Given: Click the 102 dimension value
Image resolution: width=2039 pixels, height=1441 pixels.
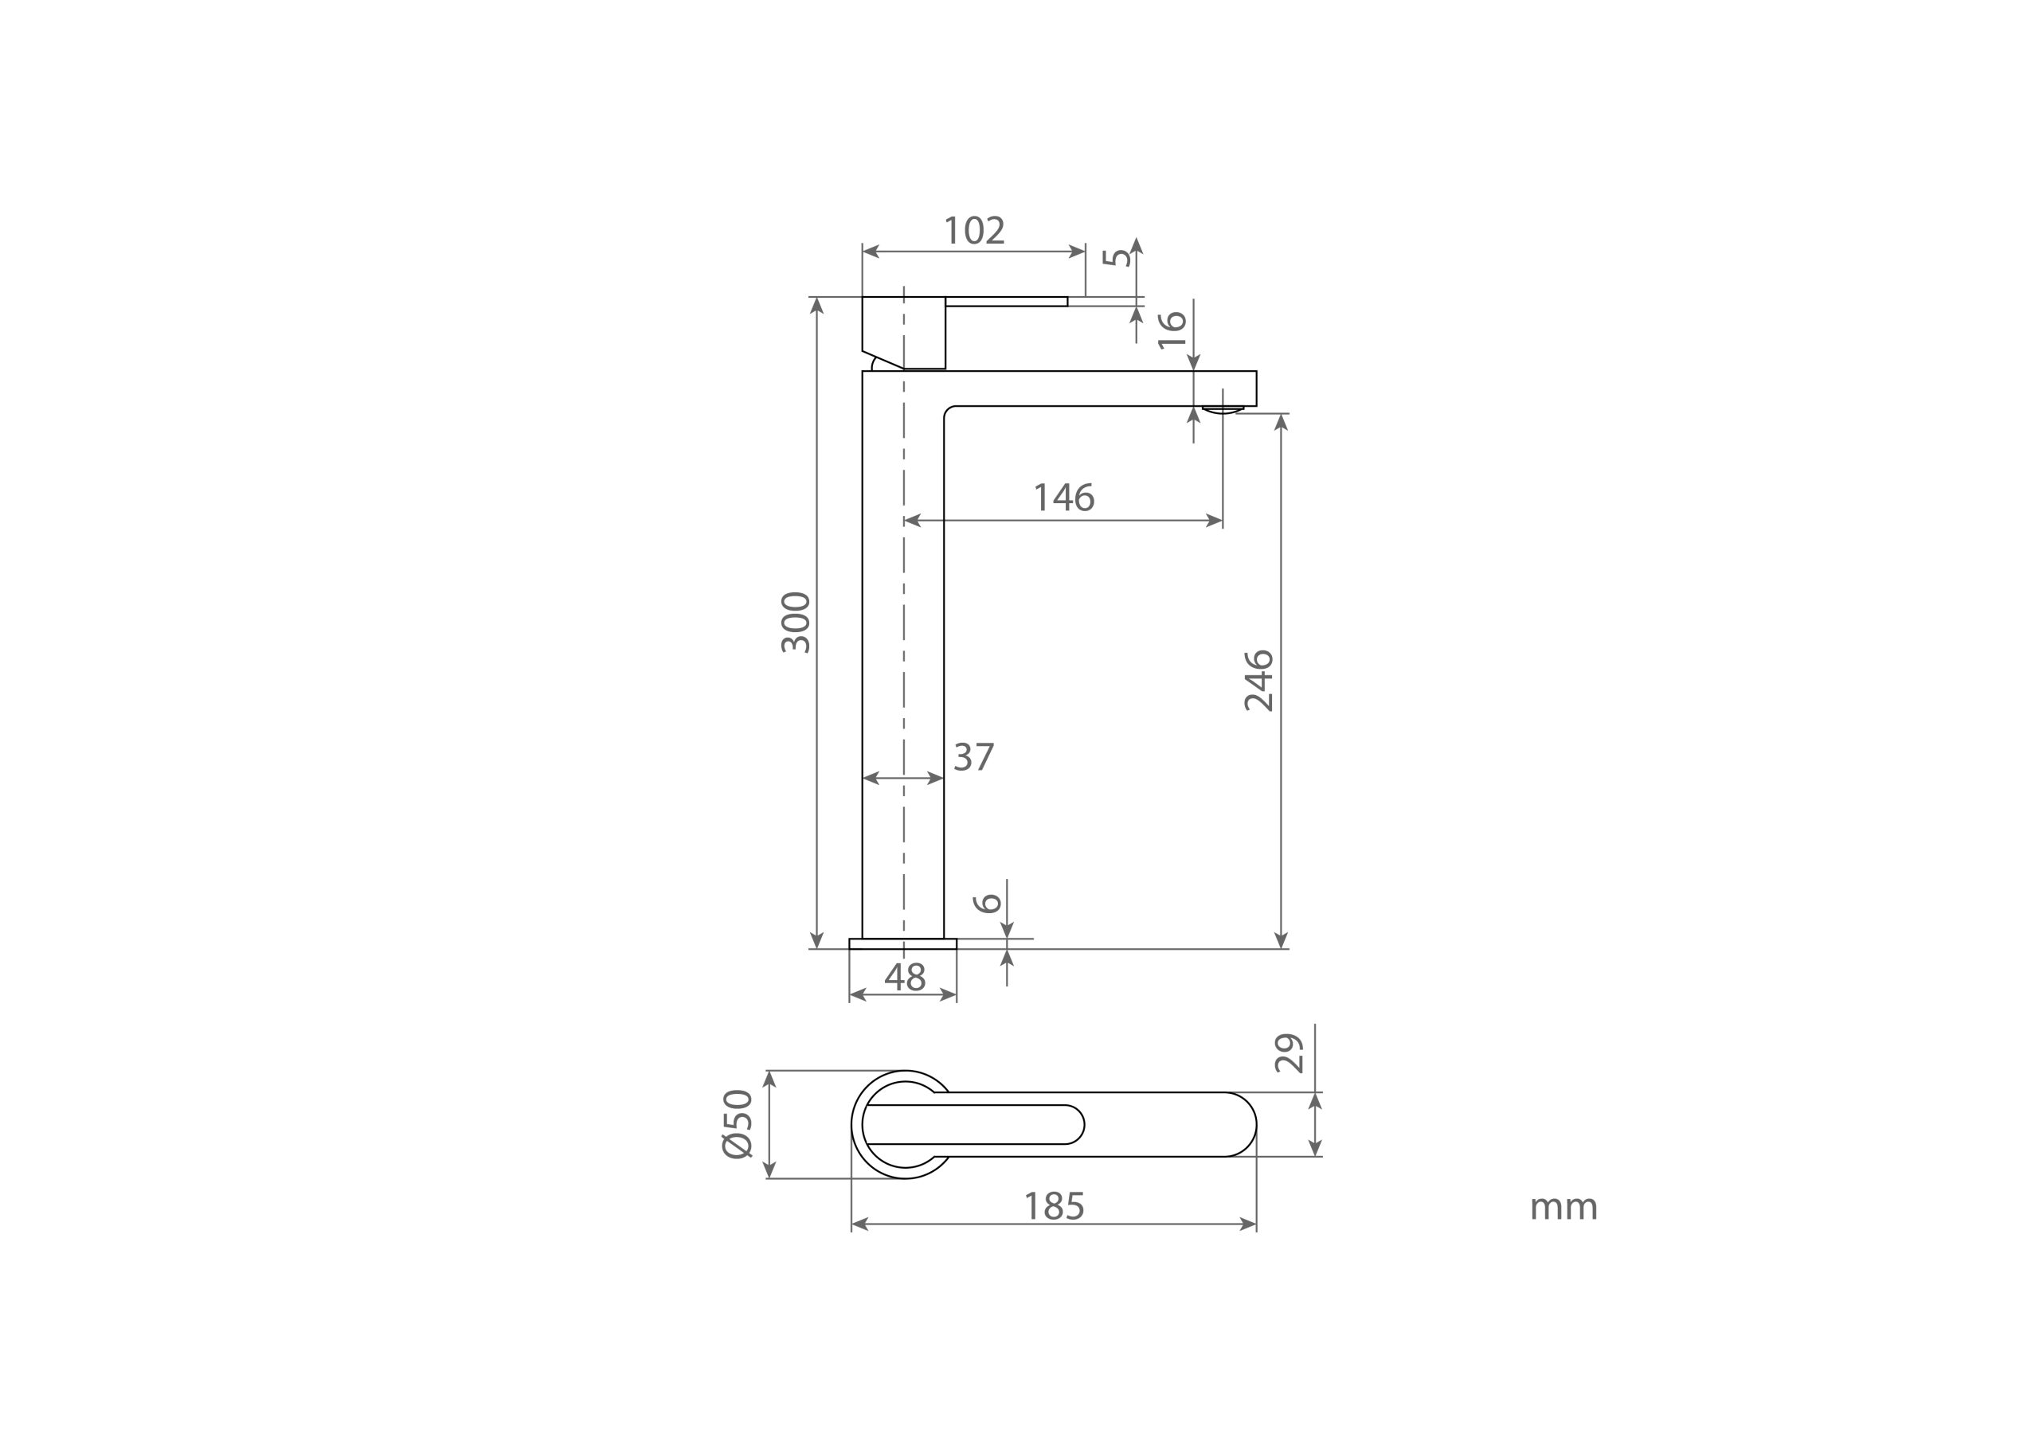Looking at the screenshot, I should [x=974, y=231].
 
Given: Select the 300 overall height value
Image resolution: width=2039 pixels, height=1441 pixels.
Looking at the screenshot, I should [x=796, y=623].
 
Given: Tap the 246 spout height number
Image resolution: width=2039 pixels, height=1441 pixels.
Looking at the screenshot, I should [x=1259, y=681].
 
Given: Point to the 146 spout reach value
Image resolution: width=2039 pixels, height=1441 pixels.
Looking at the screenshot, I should [x=1064, y=498].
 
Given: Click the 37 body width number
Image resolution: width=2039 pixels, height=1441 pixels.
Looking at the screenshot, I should [x=973, y=757].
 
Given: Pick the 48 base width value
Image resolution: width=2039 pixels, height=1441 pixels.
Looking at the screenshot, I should [x=905, y=978].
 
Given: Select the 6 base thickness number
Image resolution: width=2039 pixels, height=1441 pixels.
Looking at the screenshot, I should [x=988, y=904].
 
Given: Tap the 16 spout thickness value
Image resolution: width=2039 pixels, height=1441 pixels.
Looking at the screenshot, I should [x=1173, y=330].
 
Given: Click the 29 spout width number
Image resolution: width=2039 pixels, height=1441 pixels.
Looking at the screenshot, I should [x=1290, y=1053].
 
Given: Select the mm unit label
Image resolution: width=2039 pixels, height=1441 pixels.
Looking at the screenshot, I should [x=1563, y=1208].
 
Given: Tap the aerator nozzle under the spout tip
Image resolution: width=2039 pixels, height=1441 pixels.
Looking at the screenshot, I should [x=1223, y=410].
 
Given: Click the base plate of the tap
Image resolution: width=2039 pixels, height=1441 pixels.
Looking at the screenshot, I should [x=902, y=943].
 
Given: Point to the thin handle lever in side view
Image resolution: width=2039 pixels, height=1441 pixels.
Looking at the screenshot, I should [x=1006, y=302].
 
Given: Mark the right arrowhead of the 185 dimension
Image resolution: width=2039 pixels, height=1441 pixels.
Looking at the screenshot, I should [x=1249, y=1225].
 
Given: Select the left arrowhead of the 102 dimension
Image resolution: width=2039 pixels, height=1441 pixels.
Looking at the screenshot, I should [x=871, y=252].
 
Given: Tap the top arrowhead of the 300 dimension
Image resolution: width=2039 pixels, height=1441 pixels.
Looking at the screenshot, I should [x=817, y=305].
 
